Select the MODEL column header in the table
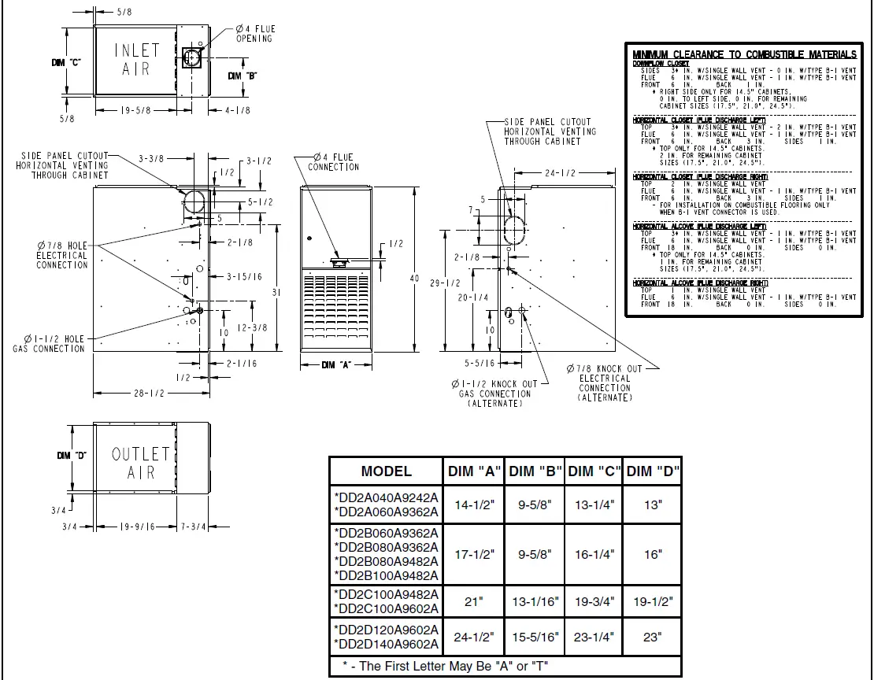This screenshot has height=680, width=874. click(386, 471)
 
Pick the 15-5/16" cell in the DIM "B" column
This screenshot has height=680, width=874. click(535, 637)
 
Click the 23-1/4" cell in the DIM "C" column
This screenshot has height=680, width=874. click(594, 637)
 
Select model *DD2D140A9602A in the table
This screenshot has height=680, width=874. click(386, 645)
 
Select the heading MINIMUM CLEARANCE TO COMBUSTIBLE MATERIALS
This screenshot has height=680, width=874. click(744, 54)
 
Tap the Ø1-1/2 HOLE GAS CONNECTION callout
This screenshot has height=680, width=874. click(49, 344)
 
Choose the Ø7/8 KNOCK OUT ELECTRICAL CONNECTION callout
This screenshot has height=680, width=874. click(604, 382)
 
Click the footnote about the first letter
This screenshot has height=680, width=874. click(445, 667)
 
